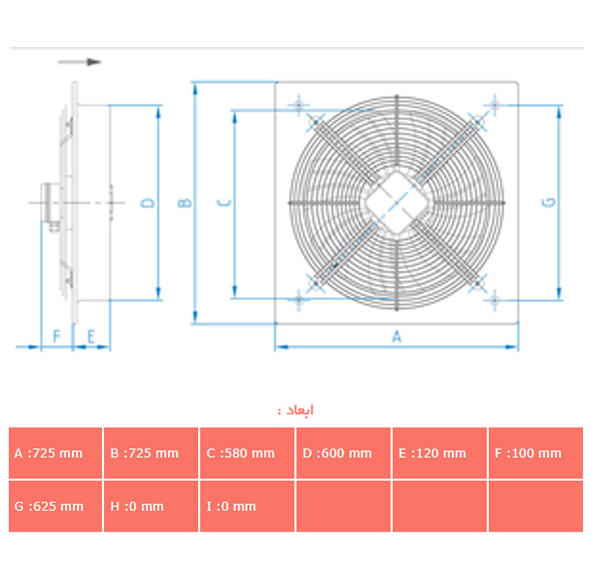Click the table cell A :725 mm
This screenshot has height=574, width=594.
[55, 453]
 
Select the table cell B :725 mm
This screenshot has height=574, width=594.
[151, 453]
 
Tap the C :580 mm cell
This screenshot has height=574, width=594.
[247, 453]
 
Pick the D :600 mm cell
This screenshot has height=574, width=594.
[343, 453]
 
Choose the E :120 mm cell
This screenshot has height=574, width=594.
[439, 453]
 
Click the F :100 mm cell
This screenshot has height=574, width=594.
[536, 453]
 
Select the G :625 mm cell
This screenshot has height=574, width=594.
[55, 506]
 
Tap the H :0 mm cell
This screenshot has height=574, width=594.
[151, 506]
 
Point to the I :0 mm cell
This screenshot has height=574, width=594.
[247, 506]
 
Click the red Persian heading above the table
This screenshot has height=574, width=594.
[296, 410]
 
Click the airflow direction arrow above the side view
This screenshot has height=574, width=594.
[79, 62]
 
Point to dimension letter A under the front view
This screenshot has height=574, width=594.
[397, 336]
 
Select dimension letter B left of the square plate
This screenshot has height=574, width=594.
[184, 202]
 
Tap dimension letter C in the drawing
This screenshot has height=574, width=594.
[225, 202]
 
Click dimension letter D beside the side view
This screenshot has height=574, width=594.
[147, 203]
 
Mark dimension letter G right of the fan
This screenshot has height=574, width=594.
[550, 202]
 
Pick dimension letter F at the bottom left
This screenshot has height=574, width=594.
[57, 336]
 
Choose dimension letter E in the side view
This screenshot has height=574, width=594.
[91, 336]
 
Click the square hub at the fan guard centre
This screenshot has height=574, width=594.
[396, 203]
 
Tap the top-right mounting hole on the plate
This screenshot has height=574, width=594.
[495, 105]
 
